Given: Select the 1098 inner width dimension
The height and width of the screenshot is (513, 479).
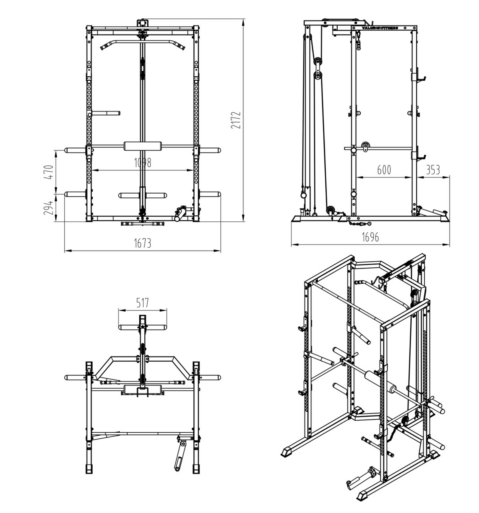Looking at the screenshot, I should click(x=143, y=163).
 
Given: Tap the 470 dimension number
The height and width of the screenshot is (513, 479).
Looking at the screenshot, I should click(x=48, y=172).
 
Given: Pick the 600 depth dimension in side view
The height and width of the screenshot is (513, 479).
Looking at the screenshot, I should click(x=384, y=170).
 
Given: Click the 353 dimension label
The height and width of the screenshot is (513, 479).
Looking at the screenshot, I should click(x=433, y=170).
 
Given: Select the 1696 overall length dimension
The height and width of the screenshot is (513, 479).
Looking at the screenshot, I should click(x=370, y=237).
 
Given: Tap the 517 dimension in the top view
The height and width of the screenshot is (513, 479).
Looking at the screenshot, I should click(x=143, y=303).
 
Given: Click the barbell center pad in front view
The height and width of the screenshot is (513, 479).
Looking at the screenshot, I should click(x=143, y=146).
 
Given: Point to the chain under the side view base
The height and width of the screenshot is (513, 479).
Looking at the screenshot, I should click(x=359, y=224).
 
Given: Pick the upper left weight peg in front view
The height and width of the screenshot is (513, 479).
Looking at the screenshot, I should click(x=106, y=113).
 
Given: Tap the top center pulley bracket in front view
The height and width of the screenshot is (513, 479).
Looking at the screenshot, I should click(x=143, y=23).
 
